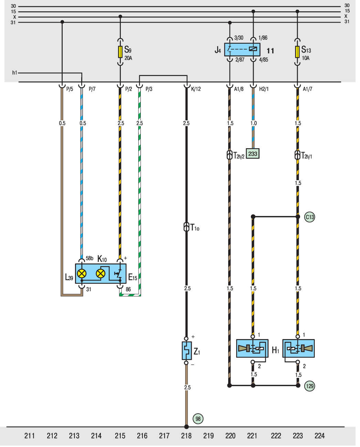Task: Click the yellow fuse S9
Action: click(120, 52)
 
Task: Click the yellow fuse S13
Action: click(297, 52)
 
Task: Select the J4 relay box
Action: click(242, 50)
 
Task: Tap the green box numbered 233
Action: click(253, 154)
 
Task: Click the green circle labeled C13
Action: click(310, 217)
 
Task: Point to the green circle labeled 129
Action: click(310, 386)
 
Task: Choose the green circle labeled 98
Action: click(198, 418)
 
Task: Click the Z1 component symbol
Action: click(187, 351)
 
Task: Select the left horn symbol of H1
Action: click(252, 348)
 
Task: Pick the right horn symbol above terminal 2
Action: click(298, 348)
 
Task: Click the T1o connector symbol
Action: click(187, 227)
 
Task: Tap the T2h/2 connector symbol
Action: click(230, 155)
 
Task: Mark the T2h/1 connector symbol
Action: click(298, 155)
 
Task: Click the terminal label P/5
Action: click(70, 89)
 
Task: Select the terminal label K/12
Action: click(196, 89)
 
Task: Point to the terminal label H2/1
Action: click(264, 89)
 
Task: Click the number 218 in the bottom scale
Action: click(186, 436)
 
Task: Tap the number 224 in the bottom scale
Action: click(319, 436)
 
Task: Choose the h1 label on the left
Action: click(14, 73)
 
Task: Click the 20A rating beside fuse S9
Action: click(128, 58)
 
